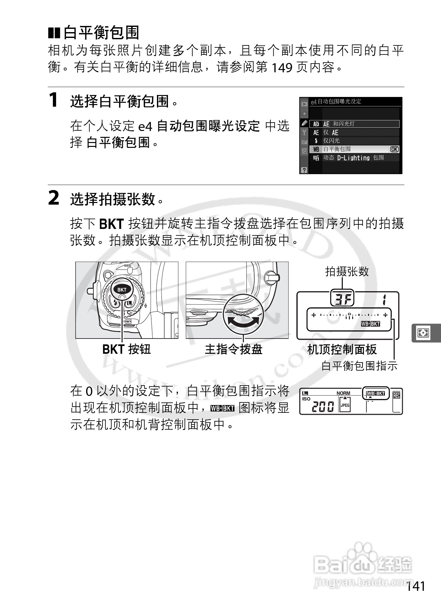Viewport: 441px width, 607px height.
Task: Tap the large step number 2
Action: coord(54,198)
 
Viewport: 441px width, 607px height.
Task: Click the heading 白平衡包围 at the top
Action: coord(101,32)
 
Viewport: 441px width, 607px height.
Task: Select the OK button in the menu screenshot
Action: coord(394,149)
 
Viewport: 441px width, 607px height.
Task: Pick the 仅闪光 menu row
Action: coord(331,141)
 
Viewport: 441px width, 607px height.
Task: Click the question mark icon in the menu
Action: coord(304,170)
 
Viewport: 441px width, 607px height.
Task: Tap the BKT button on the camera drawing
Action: coord(122,290)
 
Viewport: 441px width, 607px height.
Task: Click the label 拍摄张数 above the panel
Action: coord(347,271)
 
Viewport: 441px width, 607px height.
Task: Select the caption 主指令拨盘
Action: coord(233,350)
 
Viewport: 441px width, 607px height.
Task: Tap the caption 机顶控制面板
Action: coord(342,350)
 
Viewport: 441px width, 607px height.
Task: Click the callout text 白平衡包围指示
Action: coord(359,366)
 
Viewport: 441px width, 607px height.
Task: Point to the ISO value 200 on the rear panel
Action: coord(323,406)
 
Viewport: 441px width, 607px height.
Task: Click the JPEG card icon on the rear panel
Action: coord(345,405)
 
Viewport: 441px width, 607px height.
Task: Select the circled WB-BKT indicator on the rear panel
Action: coord(375,394)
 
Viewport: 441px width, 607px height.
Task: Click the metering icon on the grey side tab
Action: coord(423,333)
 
